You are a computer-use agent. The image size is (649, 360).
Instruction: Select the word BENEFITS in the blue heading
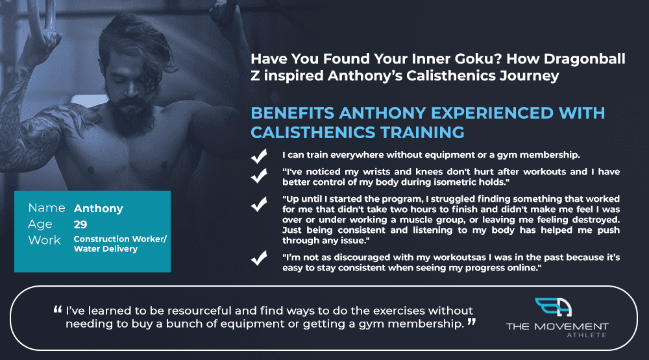click(292, 113)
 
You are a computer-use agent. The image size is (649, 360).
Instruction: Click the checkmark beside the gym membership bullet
click(259, 156)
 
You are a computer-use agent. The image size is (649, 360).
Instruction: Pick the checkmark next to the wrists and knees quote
click(259, 176)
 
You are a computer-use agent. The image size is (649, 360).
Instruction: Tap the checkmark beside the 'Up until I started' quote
click(259, 204)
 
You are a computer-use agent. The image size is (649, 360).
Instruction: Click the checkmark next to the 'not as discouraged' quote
click(259, 258)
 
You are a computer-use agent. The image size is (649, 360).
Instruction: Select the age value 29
click(80, 224)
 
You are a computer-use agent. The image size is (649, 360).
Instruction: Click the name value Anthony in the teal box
click(99, 209)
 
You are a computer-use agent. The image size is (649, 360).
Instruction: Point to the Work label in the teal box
click(44, 240)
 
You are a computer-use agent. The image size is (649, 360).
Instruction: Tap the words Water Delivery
click(106, 248)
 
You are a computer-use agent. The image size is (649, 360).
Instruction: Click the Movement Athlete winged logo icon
click(554, 307)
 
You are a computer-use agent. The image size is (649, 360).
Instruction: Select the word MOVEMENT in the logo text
click(572, 326)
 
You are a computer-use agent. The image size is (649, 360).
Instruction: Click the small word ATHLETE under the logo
click(587, 335)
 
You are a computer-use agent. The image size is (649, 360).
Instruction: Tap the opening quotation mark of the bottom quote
click(58, 309)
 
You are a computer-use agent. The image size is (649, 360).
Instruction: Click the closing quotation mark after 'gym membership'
click(471, 322)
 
